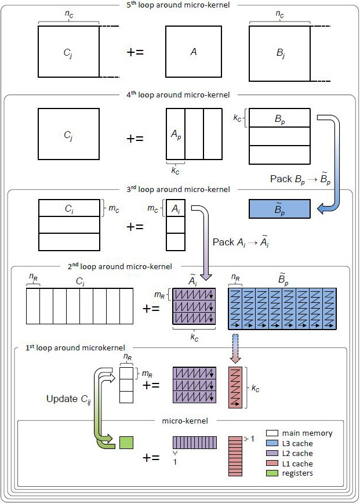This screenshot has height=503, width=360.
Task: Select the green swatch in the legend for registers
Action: coord(272,473)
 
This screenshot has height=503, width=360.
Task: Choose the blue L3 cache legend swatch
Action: coord(272,443)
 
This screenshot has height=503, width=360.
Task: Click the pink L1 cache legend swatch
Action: coord(272,464)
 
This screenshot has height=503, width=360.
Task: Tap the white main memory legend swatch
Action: coord(272,433)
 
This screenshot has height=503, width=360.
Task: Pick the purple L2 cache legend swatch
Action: coord(272,454)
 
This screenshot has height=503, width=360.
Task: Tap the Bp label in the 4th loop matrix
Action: coord(279,118)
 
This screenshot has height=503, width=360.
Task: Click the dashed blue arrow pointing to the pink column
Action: coord(235,351)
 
